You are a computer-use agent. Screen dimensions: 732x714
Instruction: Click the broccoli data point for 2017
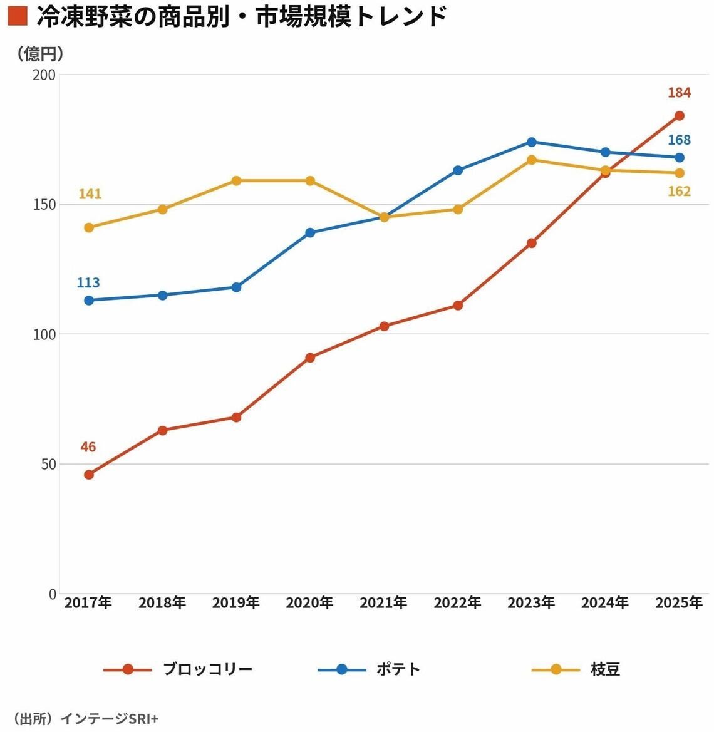pyautogui.click(x=89, y=475)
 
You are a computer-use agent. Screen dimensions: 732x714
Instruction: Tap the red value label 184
pyautogui.click(x=679, y=93)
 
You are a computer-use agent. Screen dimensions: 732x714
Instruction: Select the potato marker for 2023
pyautogui.click(x=532, y=142)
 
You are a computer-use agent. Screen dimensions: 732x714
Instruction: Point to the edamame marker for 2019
pyautogui.click(x=236, y=181)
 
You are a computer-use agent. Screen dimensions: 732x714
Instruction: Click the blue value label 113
pyautogui.click(x=88, y=283)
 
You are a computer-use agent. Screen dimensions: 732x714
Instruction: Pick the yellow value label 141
pyautogui.click(x=90, y=194)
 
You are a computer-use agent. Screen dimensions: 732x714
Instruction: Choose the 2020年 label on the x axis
pyautogui.click(x=309, y=603)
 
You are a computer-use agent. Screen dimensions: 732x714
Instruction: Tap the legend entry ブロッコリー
pyautogui.click(x=207, y=669)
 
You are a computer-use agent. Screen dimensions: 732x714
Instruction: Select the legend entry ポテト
pyautogui.click(x=398, y=669)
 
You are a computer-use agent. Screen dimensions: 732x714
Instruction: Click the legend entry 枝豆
pyautogui.click(x=605, y=669)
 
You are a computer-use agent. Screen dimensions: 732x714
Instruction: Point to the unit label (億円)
pyautogui.click(x=41, y=54)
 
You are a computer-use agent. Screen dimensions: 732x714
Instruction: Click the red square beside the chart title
pyautogui.click(x=18, y=16)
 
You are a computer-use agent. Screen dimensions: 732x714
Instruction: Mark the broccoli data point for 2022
pyautogui.click(x=458, y=306)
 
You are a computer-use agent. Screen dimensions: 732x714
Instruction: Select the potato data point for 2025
pyautogui.click(x=679, y=158)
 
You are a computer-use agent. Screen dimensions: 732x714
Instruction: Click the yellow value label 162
pyautogui.click(x=679, y=192)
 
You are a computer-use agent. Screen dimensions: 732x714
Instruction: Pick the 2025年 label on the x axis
pyautogui.click(x=679, y=603)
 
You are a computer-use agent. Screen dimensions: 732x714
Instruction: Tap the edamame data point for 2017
pyautogui.click(x=89, y=228)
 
